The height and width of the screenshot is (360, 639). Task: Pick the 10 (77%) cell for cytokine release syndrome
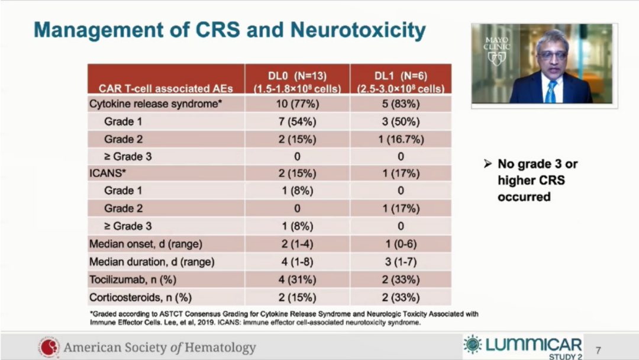click(297, 104)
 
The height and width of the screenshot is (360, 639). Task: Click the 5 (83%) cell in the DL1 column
click(401, 104)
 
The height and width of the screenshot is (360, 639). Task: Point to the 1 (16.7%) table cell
click(401, 139)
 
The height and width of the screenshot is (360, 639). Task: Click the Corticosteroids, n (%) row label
click(140, 297)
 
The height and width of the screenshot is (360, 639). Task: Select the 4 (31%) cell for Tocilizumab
click(297, 279)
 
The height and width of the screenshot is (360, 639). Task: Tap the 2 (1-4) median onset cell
click(297, 244)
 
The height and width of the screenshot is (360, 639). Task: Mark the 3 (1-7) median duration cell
click(401, 262)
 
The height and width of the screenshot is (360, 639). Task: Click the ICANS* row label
click(106, 174)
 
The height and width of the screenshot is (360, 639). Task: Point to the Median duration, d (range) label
click(151, 262)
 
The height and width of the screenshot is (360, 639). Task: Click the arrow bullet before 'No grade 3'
click(488, 163)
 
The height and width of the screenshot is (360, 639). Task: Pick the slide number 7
click(598, 350)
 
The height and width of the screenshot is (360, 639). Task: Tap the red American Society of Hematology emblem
click(50, 347)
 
